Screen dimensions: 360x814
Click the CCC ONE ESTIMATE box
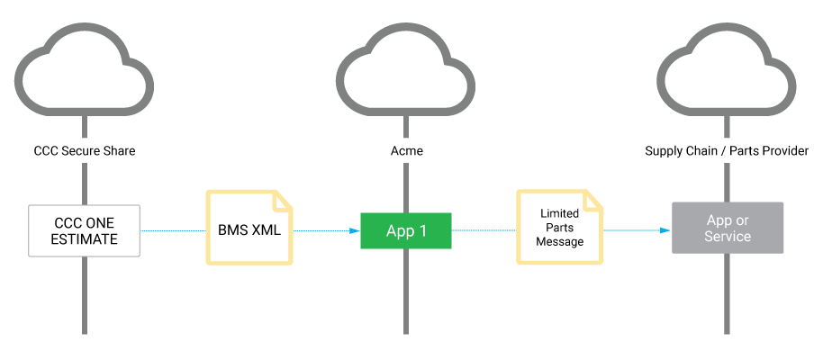point(85,230)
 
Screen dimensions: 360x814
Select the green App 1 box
point(405,230)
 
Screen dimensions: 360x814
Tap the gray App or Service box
point(728,228)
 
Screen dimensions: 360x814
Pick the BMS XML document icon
point(249,227)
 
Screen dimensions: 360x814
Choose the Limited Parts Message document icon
point(559,227)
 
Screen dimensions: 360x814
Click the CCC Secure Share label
point(85,151)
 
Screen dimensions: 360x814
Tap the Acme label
point(405,151)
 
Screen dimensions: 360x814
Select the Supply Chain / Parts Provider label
point(727,151)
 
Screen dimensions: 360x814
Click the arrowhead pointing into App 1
point(355,230)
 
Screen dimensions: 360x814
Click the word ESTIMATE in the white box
point(85,239)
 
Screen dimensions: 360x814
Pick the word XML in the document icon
point(265,230)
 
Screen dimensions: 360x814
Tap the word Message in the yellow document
point(560,241)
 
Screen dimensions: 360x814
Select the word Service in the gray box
point(728,237)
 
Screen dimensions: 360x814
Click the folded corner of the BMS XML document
point(283,199)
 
